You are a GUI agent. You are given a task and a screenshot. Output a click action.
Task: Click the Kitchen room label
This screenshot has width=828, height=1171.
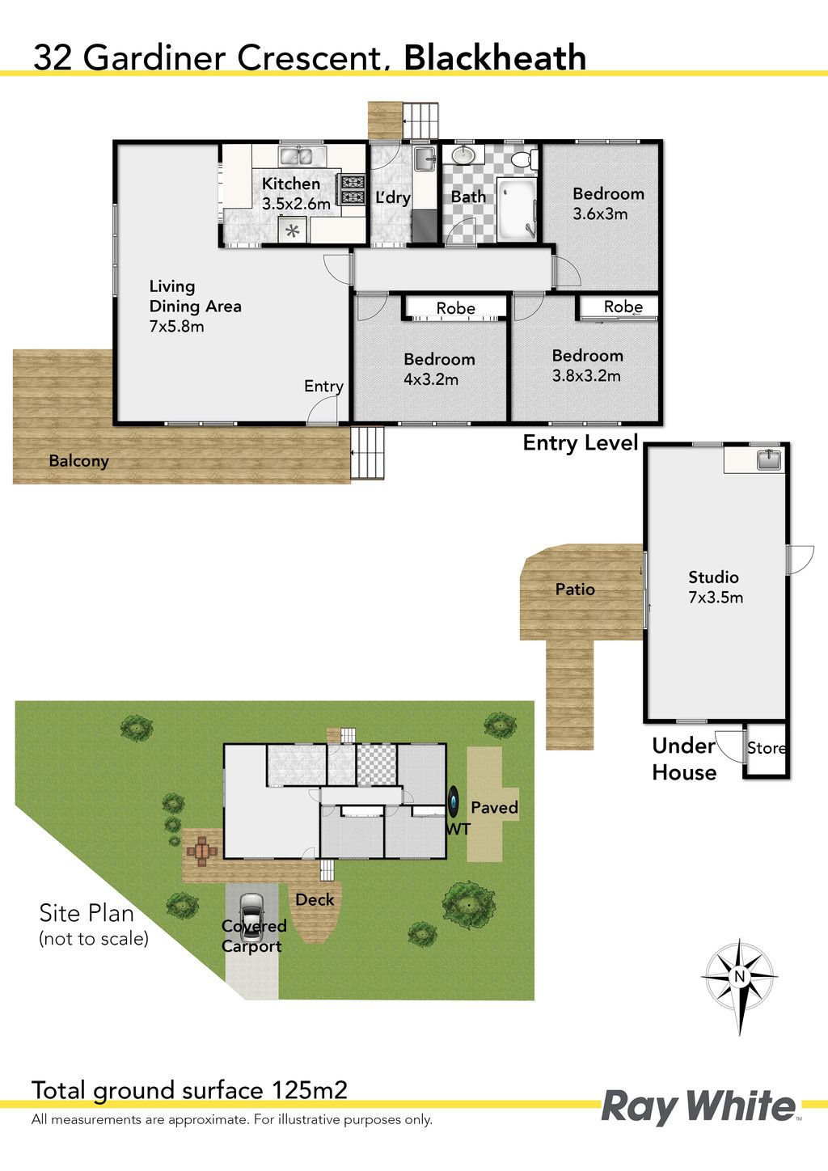[290, 184]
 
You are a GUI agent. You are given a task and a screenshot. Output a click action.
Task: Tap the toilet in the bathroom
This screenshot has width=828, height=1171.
[524, 159]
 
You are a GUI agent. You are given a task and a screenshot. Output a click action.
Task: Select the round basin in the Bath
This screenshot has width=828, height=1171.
[461, 155]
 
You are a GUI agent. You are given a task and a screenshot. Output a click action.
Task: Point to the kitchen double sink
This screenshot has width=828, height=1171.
[295, 156]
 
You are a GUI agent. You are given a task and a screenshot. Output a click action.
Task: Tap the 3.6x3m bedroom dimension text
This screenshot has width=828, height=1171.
[600, 213]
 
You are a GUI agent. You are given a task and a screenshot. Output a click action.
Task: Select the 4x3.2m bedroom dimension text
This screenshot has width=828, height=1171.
[431, 379]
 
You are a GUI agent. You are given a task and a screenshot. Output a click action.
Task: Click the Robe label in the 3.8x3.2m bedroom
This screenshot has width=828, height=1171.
[623, 306]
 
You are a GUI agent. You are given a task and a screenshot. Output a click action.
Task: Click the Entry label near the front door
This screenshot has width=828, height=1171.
[323, 387]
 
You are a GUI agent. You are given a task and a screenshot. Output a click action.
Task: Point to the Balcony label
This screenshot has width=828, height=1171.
[78, 461]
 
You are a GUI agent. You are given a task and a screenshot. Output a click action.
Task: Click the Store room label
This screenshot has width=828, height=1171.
[766, 748]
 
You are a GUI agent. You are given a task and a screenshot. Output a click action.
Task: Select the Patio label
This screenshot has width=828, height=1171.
[575, 590]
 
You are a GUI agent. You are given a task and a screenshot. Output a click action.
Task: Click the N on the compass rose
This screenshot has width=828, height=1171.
[739, 977]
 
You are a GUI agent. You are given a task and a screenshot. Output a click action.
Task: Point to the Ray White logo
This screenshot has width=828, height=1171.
[699, 1106]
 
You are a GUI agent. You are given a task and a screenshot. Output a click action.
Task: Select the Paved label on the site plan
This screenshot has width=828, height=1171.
[495, 807]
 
